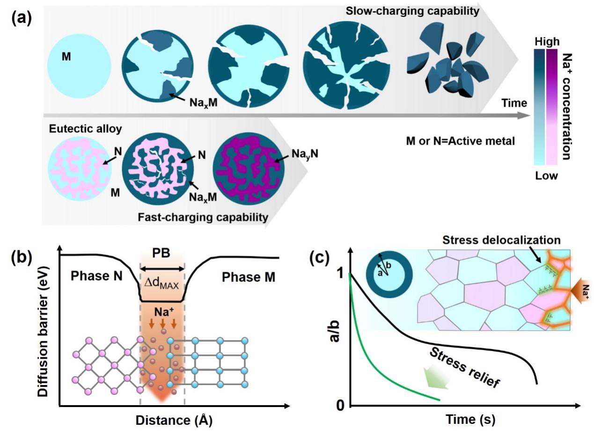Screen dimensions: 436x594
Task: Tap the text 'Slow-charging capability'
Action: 412,12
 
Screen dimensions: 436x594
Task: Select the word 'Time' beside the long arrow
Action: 514,102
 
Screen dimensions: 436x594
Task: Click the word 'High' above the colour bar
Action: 547,41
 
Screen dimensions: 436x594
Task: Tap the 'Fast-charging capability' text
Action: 203,217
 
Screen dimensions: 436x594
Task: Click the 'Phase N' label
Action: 96,276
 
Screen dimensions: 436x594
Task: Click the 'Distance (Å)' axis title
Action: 174,420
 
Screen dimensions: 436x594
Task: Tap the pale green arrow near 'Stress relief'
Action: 437,378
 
